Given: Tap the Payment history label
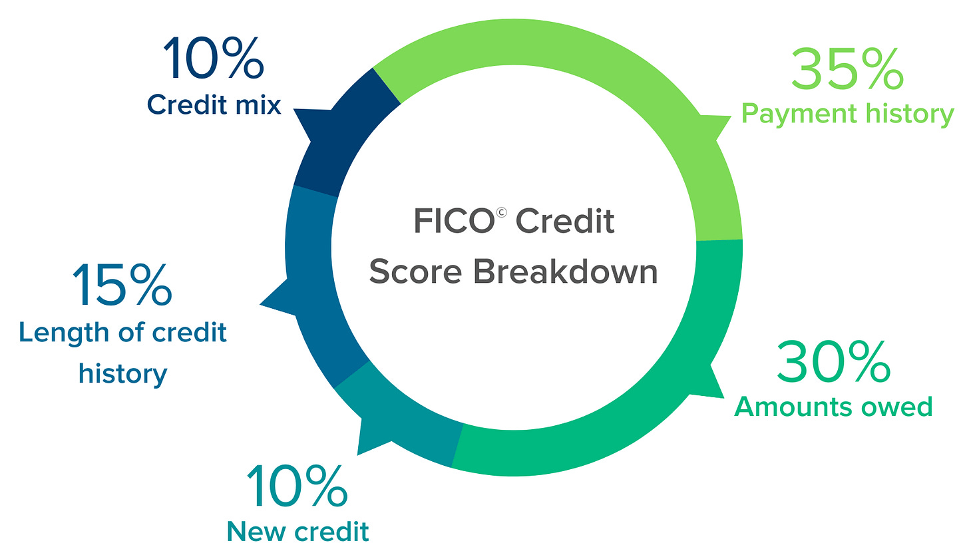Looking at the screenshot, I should point(847,114).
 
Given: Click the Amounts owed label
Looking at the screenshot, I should point(833,407).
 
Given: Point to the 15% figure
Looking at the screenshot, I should point(122,286).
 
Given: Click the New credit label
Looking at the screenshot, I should point(298,531).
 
